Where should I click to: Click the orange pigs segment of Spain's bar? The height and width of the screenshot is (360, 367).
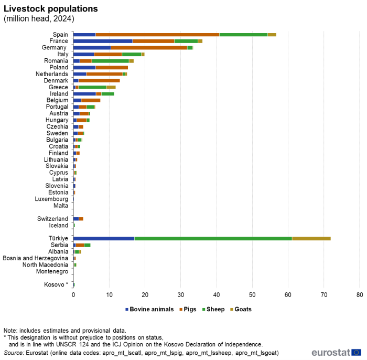[x=157, y=35]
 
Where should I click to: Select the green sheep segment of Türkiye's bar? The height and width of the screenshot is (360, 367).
[x=213, y=238]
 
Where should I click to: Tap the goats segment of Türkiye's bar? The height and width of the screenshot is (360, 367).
[x=311, y=238]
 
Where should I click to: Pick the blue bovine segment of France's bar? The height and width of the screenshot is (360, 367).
[x=103, y=41]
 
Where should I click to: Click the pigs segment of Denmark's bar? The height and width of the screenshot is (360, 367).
[x=99, y=81]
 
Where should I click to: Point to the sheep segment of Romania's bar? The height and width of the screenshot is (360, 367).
[x=110, y=61]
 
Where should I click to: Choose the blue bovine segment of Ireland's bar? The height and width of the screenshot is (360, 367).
[x=85, y=94]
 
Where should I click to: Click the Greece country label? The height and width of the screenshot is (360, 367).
[x=58, y=87]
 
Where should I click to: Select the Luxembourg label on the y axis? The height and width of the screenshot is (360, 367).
[x=51, y=199]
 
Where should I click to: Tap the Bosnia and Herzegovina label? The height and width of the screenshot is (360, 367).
[x=35, y=258]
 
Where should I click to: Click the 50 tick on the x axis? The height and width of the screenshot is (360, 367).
[x=252, y=294]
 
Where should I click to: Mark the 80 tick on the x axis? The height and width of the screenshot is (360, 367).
[x=360, y=294]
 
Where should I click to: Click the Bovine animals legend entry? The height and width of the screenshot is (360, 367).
[x=149, y=309]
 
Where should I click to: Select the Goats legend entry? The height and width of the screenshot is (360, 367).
[x=241, y=309]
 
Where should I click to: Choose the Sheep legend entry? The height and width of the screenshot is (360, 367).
[x=213, y=309]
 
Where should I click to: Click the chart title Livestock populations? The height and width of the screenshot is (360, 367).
[x=51, y=9]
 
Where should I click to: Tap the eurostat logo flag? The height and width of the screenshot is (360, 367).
[x=356, y=352]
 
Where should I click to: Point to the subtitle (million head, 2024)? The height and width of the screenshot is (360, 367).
[x=39, y=19]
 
